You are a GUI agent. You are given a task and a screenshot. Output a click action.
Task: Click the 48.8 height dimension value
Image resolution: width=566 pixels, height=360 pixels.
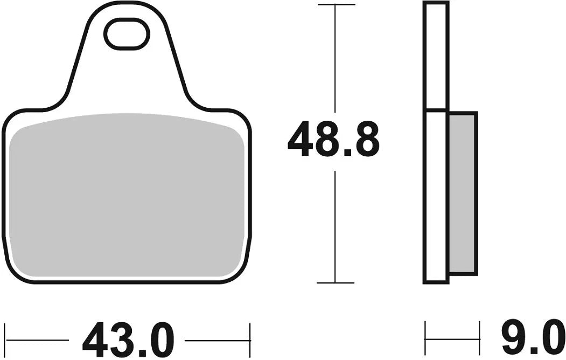point(333,140)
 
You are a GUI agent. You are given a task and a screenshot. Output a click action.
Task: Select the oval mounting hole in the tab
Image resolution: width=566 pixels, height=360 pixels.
point(127,34)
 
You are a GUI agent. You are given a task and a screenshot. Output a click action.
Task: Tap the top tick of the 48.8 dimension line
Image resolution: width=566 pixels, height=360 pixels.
point(336,5)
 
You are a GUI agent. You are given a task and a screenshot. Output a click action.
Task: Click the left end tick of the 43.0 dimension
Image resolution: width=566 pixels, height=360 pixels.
point(5,340)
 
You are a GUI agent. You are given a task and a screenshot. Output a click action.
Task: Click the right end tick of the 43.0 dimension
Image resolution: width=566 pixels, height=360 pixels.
point(250,340)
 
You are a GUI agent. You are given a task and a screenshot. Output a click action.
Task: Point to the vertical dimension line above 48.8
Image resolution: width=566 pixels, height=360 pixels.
point(336,59)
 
